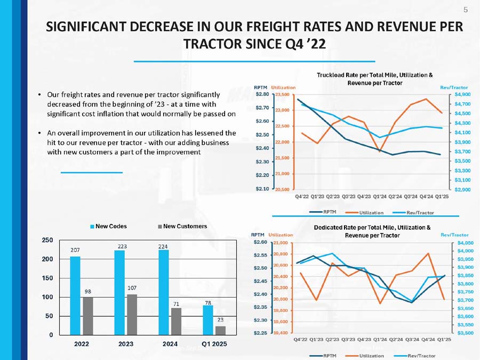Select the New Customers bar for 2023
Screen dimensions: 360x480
tap(132, 314)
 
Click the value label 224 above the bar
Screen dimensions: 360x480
tap(163, 246)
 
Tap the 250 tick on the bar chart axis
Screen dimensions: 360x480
tap(47, 241)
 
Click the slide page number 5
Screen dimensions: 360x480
tap(466, 10)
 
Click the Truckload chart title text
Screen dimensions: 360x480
tap(375, 79)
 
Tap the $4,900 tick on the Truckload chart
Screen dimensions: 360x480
tap(462, 94)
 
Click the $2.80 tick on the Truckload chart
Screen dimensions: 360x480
tap(262, 94)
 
